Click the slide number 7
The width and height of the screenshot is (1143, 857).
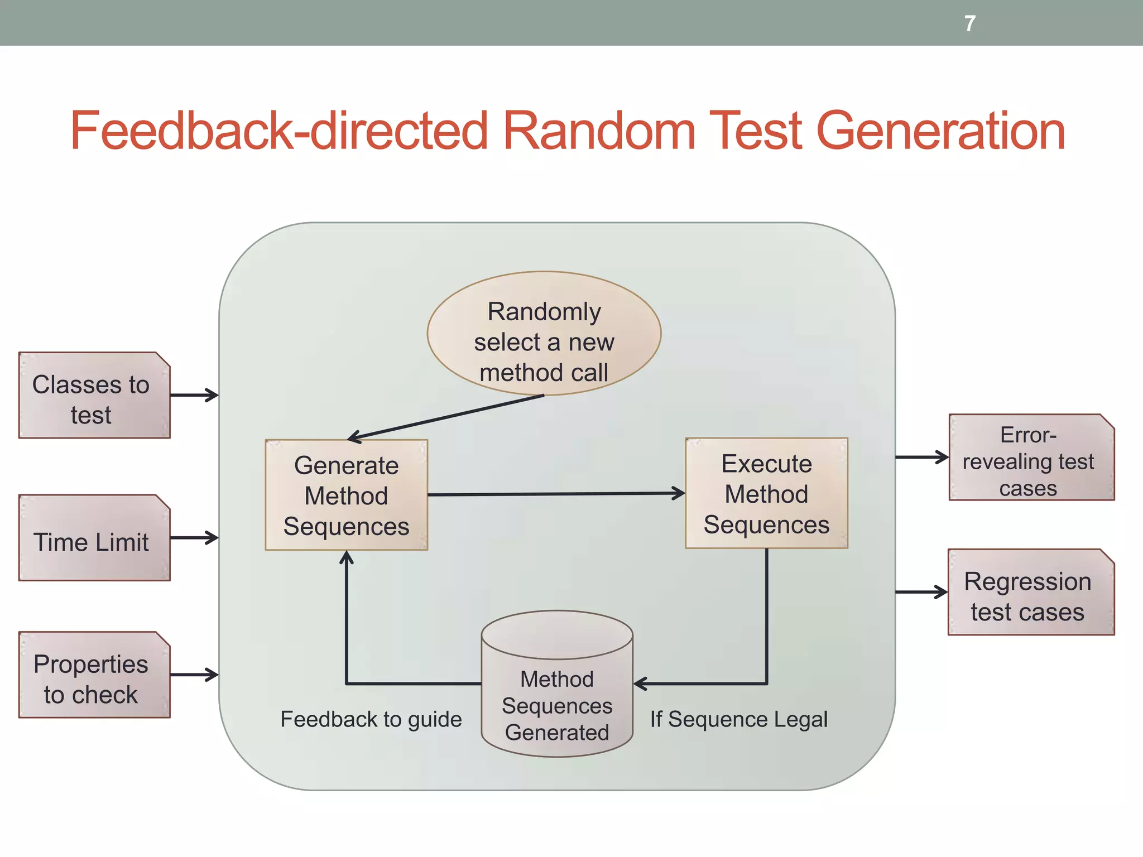[969, 23]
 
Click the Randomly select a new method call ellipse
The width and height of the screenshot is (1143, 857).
[544, 334]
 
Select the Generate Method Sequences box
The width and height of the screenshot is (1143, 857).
[346, 495]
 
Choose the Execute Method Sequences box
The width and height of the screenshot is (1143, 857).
[766, 493]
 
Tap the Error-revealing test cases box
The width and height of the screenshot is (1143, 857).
[1031, 458]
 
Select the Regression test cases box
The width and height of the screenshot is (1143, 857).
[1030, 593]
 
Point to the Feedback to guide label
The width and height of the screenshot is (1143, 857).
[371, 719]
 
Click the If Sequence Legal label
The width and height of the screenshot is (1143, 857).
[738, 719]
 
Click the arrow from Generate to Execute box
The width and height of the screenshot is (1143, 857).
[555, 494]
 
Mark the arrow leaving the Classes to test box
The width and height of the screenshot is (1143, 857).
[194, 395]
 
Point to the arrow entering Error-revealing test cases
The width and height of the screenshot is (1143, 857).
[921, 457]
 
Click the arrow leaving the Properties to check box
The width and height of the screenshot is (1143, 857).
[194, 675]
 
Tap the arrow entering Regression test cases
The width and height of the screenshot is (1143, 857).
[921, 592]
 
